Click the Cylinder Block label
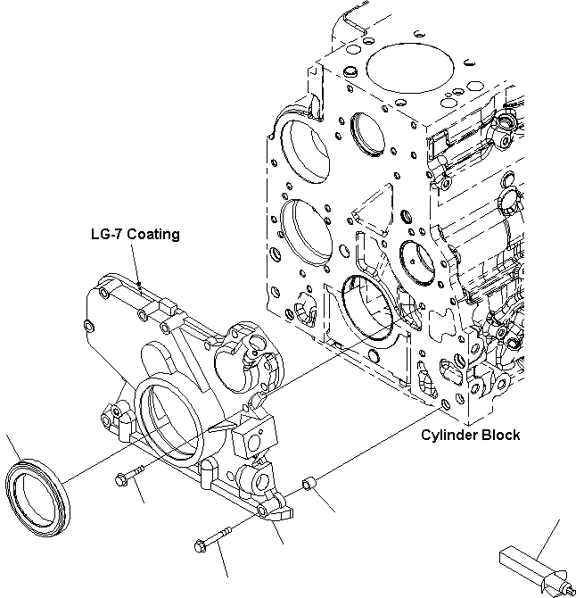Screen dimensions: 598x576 (x=470, y=436)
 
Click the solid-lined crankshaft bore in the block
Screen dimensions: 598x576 (x=366, y=306)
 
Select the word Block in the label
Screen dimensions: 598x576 (x=498, y=436)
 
